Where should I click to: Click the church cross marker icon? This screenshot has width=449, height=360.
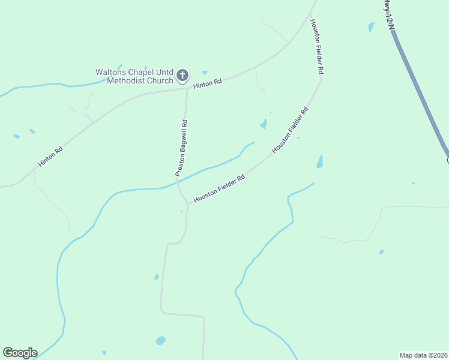tap(182, 76)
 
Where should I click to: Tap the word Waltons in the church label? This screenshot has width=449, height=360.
tap(110, 72)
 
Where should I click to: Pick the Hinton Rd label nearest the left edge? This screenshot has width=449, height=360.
tap(50, 157)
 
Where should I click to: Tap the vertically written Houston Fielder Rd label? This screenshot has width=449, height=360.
tap(316, 46)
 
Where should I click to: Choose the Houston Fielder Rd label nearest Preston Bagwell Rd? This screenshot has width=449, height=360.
tap(220, 188)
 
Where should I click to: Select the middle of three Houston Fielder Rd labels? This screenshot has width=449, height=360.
tap(291, 130)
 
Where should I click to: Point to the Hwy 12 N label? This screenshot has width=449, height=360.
tap(389, 15)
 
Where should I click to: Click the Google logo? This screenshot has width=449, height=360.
tap(20, 353)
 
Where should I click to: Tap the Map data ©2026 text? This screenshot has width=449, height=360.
tap(424, 355)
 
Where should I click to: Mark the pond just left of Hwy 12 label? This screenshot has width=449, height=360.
tap(371, 27)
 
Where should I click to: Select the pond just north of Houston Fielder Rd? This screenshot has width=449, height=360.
tap(263, 124)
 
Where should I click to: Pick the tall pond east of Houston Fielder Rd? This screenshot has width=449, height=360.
tap(320, 162)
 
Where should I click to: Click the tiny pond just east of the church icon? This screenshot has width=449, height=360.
tap(205, 73)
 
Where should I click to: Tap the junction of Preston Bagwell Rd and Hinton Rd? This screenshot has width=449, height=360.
tap(187, 89)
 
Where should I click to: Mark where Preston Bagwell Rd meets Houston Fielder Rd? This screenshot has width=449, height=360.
tap(188, 204)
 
